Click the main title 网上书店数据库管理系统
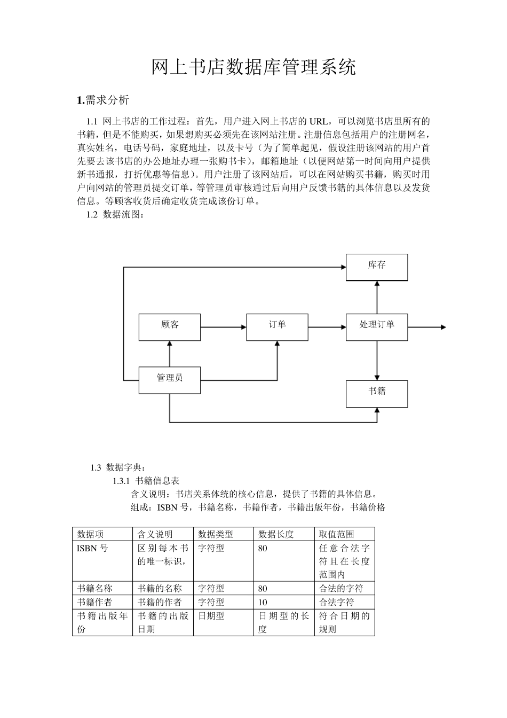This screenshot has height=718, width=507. pyautogui.click(x=253, y=67)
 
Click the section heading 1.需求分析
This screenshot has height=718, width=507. pyautogui.click(x=103, y=100)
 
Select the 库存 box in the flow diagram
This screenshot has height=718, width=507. pyautogui.click(x=377, y=267)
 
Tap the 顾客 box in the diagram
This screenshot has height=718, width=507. pyautogui.click(x=170, y=327)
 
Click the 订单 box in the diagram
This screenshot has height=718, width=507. pyautogui.click(x=277, y=327)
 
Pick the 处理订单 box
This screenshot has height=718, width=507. pyautogui.click(x=377, y=327)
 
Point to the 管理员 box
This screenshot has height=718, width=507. pyautogui.click(x=170, y=380)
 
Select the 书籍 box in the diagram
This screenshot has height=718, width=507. pyautogui.click(x=377, y=393)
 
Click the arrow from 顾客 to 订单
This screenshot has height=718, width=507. pyautogui.click(x=223, y=327)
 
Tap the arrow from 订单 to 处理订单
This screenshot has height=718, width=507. pyautogui.click(x=327, y=327)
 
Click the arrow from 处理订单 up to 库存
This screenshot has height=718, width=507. pyautogui.click(x=377, y=297)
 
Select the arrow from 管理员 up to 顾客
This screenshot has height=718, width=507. pyautogui.click(x=170, y=353)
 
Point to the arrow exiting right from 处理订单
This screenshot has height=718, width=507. pyautogui.click(x=426, y=327)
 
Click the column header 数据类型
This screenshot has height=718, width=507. pyautogui.click(x=216, y=534)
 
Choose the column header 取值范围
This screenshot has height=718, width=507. pyautogui.click(x=337, y=534)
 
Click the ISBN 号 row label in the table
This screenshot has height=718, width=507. pyautogui.click(x=92, y=548)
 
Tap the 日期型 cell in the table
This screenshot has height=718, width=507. pyautogui.click(x=211, y=616)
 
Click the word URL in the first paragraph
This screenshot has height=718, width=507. pyautogui.click(x=319, y=121)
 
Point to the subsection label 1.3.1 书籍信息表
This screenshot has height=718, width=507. pyautogui.click(x=146, y=481)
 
